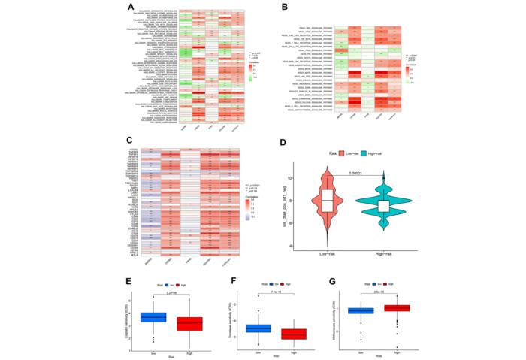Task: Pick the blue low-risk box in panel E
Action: [154, 317]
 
